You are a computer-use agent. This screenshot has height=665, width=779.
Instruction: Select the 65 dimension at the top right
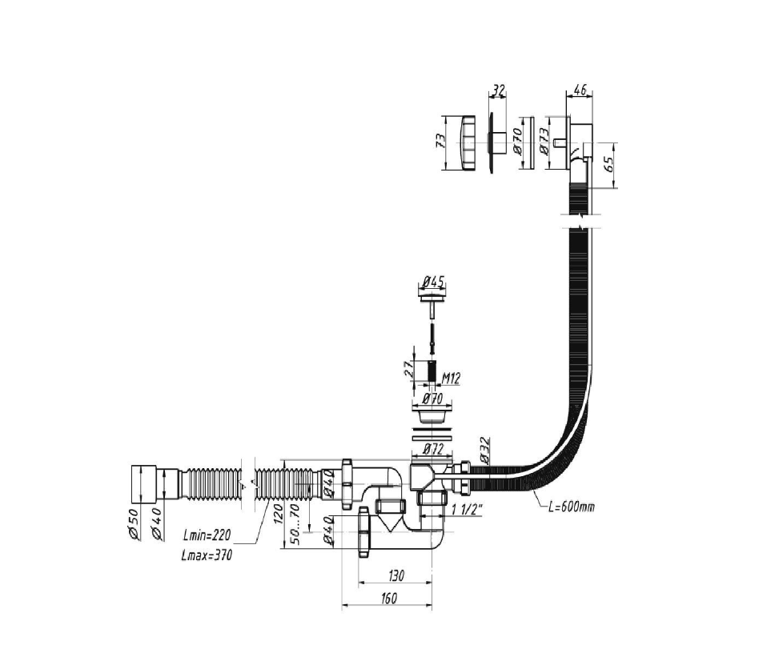point(608,166)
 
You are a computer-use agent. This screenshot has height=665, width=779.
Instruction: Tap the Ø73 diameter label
point(544,142)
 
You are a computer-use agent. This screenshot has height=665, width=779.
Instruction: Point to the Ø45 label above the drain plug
point(432,282)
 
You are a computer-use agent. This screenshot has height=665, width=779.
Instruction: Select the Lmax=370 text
point(207,555)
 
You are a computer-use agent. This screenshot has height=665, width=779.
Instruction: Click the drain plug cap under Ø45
point(432,297)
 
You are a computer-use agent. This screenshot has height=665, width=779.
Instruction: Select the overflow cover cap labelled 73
point(463,142)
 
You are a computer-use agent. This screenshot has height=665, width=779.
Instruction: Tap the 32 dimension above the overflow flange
point(498,90)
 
